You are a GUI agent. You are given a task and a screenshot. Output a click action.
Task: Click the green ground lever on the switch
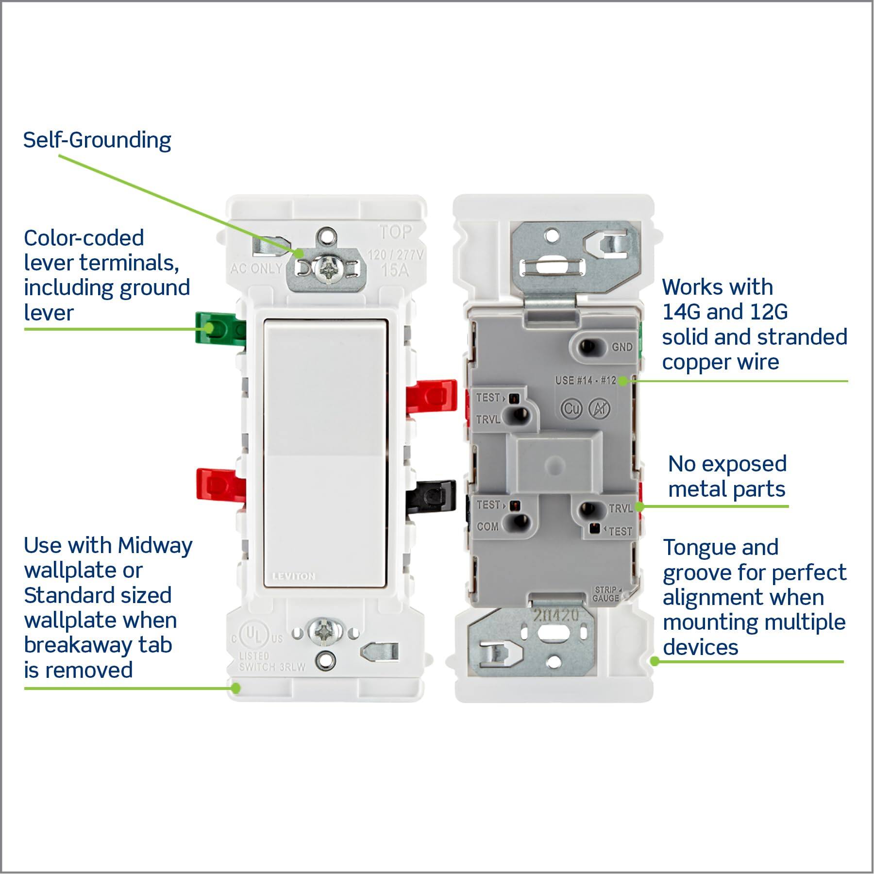(218, 329)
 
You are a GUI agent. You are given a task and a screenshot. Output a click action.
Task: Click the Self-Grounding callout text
(97, 140)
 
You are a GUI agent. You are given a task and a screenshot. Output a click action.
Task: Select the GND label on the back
(622, 347)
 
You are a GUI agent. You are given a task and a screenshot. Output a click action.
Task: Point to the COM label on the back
(487, 526)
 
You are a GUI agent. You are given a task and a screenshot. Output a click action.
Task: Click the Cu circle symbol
(571, 409)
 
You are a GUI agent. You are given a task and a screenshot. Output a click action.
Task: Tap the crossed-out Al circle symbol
(599, 409)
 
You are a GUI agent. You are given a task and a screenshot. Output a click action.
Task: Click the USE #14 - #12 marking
(586, 380)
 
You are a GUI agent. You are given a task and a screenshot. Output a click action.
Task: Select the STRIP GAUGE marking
(606, 594)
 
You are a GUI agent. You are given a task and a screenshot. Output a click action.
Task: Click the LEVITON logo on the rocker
(294, 576)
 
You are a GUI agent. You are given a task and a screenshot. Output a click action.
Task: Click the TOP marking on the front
(396, 233)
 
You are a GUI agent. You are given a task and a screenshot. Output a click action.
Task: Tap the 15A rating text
(395, 270)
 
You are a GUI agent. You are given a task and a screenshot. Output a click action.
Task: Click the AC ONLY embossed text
(256, 268)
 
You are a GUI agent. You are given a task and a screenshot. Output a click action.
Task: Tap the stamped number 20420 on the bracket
(556, 616)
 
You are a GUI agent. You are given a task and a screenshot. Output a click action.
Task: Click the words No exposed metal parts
(727, 476)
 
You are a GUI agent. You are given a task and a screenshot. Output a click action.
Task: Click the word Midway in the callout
(155, 546)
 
